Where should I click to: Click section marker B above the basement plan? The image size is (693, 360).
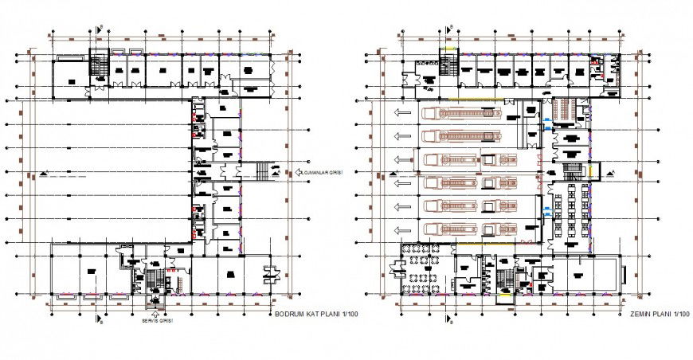98,29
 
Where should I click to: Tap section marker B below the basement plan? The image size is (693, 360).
98,320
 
